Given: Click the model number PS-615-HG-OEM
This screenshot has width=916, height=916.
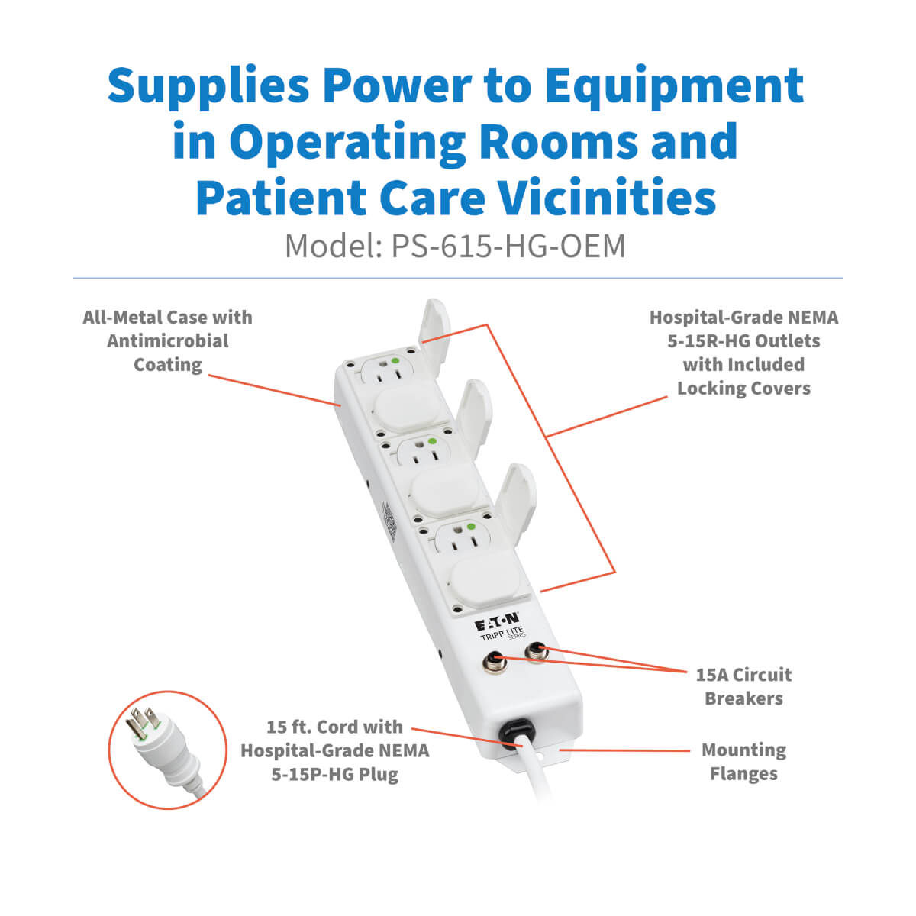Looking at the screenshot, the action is (x=508, y=247).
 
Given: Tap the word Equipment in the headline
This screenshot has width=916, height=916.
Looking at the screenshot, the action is (x=674, y=86).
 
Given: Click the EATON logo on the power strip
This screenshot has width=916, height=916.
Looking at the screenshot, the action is (x=497, y=622).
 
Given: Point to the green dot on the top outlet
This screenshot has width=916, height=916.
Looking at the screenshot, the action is (x=395, y=361).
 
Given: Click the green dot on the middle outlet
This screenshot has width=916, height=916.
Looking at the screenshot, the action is (x=432, y=442).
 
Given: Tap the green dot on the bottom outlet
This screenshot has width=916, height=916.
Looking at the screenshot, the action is (x=471, y=527).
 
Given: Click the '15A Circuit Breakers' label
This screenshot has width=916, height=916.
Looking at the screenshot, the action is (x=743, y=686).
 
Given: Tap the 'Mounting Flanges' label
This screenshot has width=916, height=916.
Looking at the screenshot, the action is (x=743, y=762).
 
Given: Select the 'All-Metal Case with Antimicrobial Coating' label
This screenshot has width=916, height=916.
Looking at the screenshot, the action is (x=167, y=340).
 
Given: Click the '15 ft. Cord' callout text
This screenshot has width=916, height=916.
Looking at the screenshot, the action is (x=334, y=727).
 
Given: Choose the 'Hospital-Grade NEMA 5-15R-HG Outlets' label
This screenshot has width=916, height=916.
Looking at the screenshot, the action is (x=743, y=353).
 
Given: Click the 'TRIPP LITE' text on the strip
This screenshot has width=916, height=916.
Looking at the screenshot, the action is (x=502, y=634).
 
